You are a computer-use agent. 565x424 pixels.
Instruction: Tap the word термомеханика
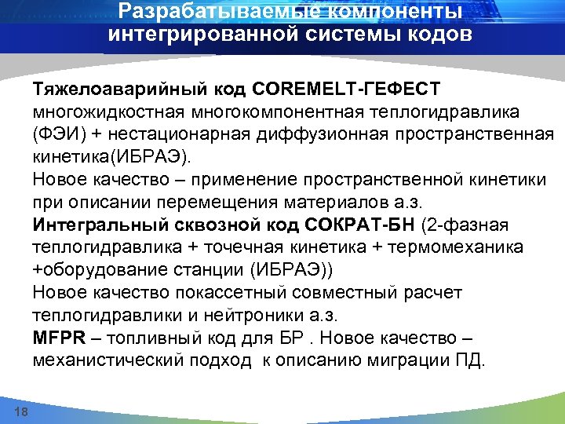pos(463,248)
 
